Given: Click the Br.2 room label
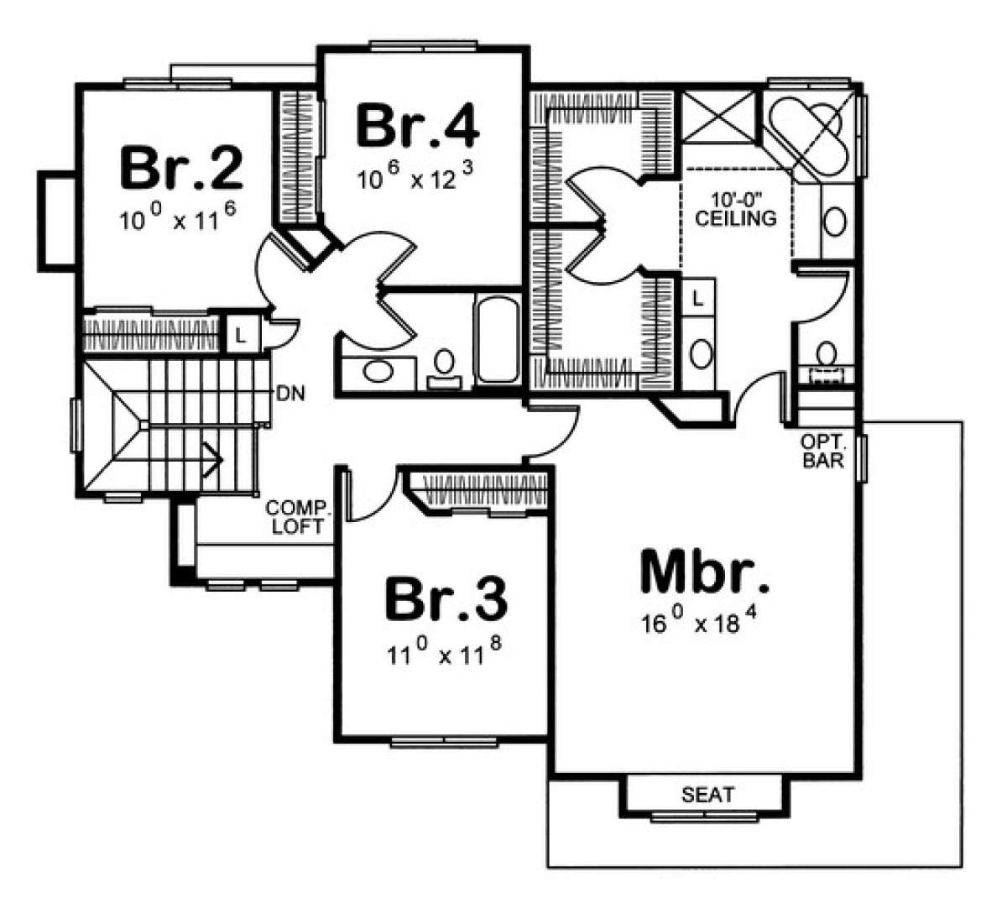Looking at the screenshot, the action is pyautogui.click(x=181, y=167).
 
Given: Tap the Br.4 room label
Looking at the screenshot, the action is pyautogui.click(x=417, y=126).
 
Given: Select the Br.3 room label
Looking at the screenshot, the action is pyautogui.click(x=446, y=600).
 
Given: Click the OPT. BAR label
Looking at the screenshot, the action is pyautogui.click(x=823, y=452).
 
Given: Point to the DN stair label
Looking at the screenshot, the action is pyautogui.click(x=291, y=394).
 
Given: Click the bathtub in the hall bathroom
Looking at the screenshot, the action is pyautogui.click(x=498, y=339).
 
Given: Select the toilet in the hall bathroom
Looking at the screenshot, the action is pyautogui.click(x=444, y=369).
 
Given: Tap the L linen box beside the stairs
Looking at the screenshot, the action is pyautogui.click(x=241, y=335).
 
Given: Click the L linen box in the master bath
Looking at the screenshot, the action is pyautogui.click(x=698, y=299).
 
